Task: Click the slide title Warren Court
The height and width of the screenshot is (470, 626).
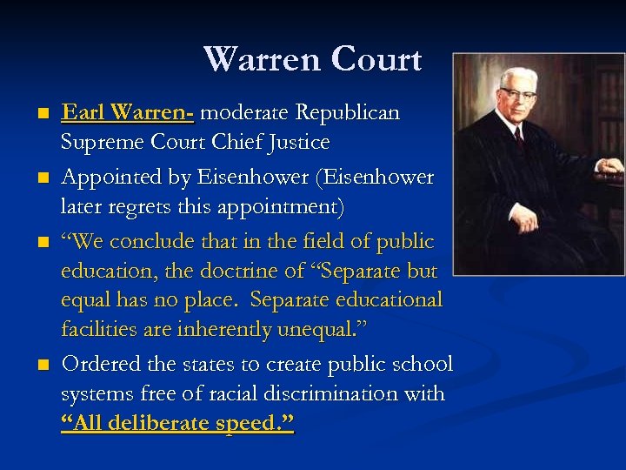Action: click(312, 59)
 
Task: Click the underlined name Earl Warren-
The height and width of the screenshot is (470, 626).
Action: click(128, 113)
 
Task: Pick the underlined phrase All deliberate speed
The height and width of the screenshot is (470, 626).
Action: click(177, 424)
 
